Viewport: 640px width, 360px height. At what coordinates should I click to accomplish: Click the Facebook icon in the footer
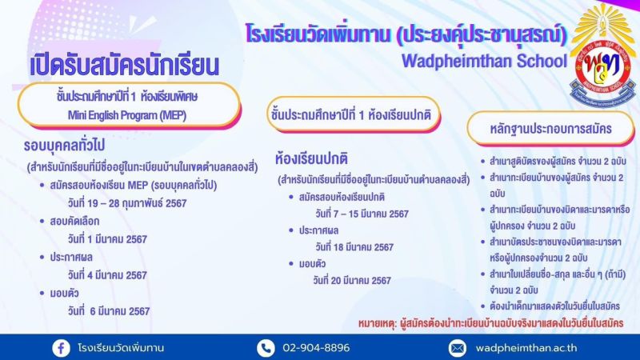[62, 348]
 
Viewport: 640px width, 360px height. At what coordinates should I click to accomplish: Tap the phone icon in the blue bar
[266, 348]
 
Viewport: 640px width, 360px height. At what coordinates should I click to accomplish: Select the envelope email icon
[458, 348]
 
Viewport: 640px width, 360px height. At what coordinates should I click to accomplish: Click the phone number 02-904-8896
[316, 348]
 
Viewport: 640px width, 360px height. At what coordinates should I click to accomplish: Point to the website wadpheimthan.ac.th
[526, 348]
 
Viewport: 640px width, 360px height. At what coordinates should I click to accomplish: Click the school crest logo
[603, 57]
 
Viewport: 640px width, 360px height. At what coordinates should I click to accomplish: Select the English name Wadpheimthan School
[485, 62]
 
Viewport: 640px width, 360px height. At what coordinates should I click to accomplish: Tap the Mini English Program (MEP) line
[127, 115]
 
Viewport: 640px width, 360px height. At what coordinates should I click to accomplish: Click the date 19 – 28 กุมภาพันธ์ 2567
[127, 203]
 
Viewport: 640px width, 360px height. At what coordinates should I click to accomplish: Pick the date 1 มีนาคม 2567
[107, 239]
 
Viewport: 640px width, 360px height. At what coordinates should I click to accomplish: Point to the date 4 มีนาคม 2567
[107, 275]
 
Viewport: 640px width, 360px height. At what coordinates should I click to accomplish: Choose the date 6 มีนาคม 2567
[109, 311]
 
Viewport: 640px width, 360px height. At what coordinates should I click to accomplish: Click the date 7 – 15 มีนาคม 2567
[362, 214]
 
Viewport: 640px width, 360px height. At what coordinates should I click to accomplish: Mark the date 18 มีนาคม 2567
[354, 247]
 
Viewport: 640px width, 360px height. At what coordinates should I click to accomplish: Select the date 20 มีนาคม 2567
[352, 281]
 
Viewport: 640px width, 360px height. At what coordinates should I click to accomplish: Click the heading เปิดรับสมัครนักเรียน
[125, 66]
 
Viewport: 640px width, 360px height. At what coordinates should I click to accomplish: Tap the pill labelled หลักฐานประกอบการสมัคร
[550, 129]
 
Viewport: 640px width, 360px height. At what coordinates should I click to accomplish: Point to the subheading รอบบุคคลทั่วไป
[64, 146]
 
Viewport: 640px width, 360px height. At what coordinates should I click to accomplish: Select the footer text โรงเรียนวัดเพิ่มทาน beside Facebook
[121, 348]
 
